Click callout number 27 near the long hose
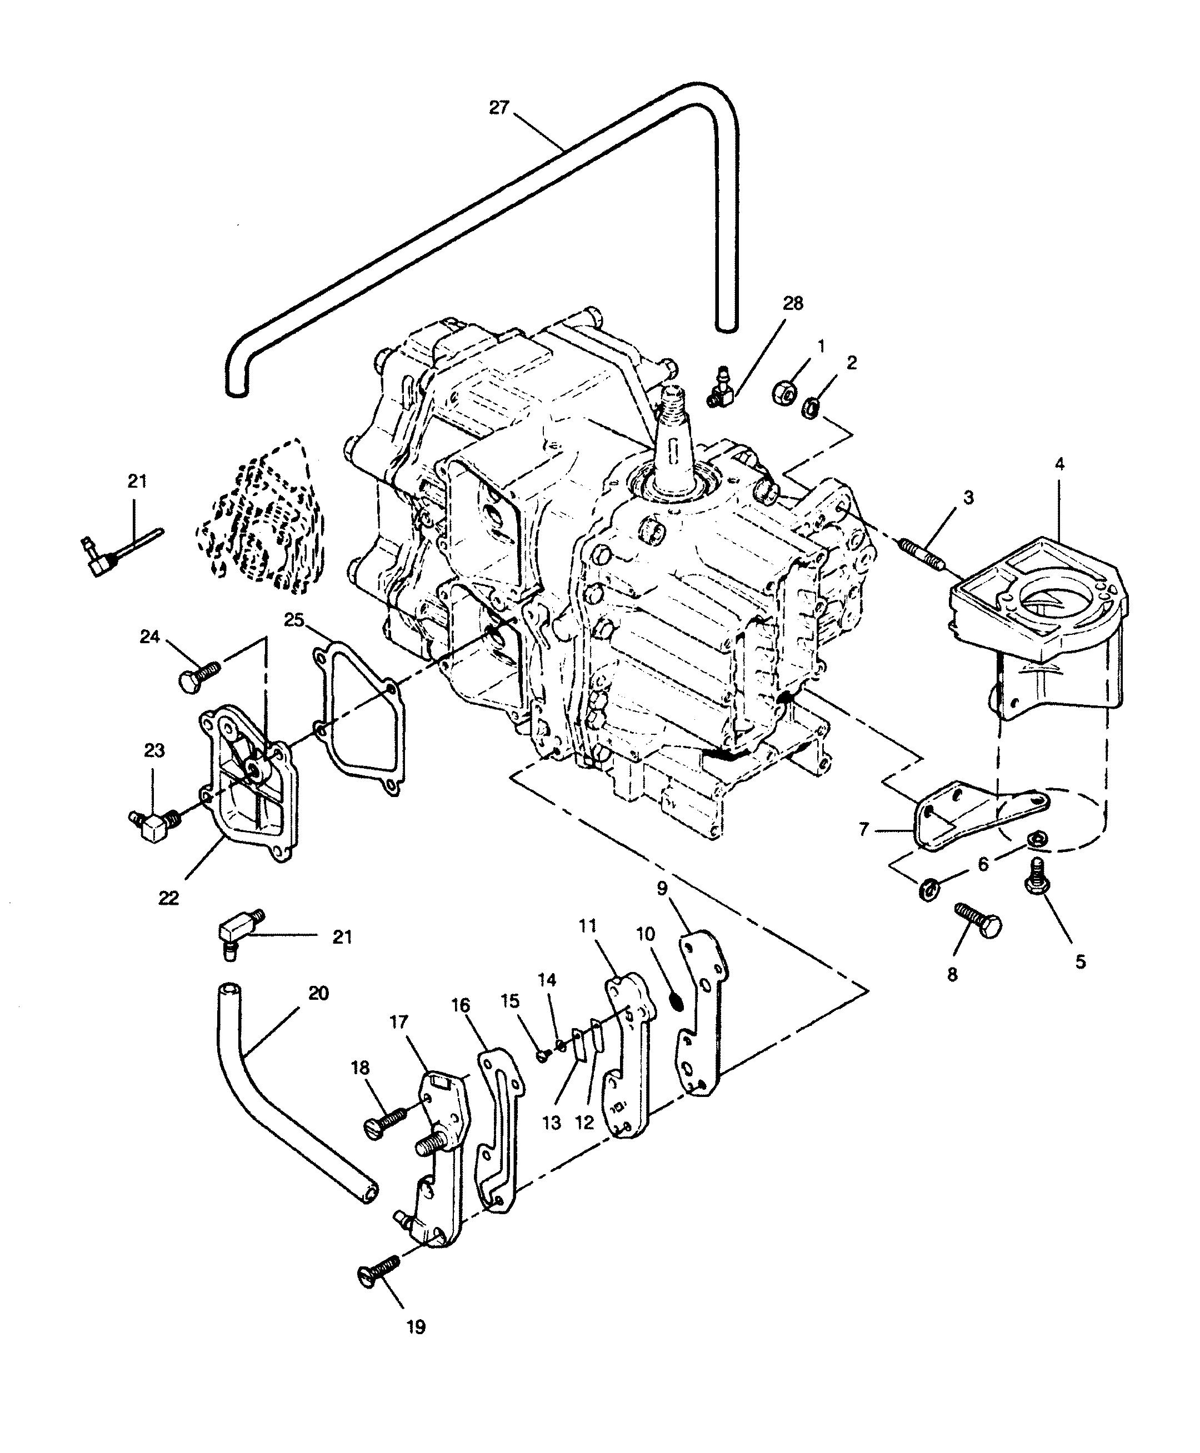coord(498,108)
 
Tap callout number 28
coord(793,303)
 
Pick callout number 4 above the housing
coord(1059,464)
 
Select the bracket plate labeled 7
coord(982,815)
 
